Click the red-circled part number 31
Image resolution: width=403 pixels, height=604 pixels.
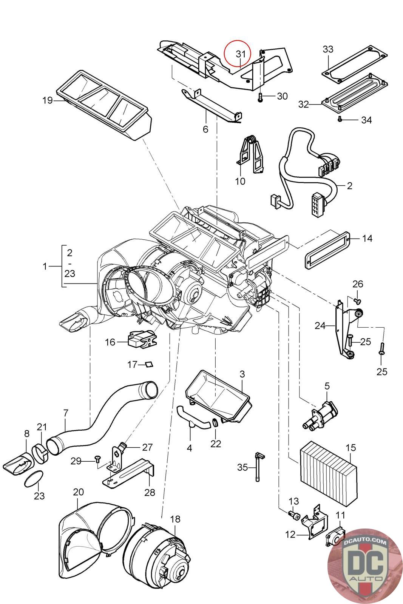241,54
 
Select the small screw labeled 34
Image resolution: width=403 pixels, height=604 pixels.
340,119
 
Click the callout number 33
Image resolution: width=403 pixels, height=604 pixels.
328,49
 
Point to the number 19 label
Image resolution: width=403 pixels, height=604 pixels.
48,101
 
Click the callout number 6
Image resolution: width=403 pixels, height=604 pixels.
205,129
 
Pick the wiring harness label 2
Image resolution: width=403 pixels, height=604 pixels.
349,186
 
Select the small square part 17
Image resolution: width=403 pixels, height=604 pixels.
150,364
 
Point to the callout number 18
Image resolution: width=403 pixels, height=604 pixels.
175,519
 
